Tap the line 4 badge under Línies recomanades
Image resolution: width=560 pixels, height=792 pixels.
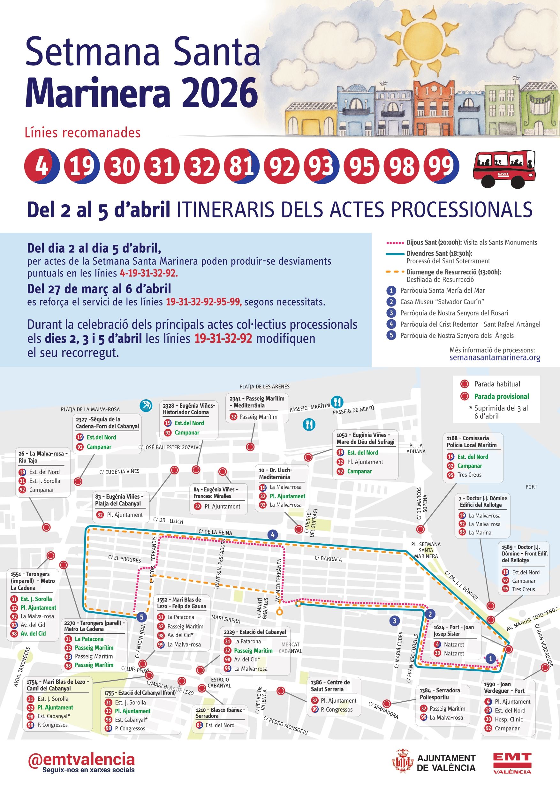pyautogui.click(x=42, y=166)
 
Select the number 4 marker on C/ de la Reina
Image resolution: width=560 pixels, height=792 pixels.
pyautogui.click(x=273, y=535)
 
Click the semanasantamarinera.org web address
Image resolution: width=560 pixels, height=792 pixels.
pyautogui.click(x=495, y=357)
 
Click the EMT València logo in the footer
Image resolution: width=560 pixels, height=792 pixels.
pyautogui.click(x=512, y=763)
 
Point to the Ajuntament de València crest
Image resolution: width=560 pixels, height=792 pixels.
pyautogui.click(x=402, y=763)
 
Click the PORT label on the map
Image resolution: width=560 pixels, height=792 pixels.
pyautogui.click(x=531, y=487)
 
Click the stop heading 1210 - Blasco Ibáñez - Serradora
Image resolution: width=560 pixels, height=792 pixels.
pyautogui.click(x=220, y=713)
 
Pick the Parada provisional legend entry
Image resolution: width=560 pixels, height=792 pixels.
pyautogui.click(x=501, y=396)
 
